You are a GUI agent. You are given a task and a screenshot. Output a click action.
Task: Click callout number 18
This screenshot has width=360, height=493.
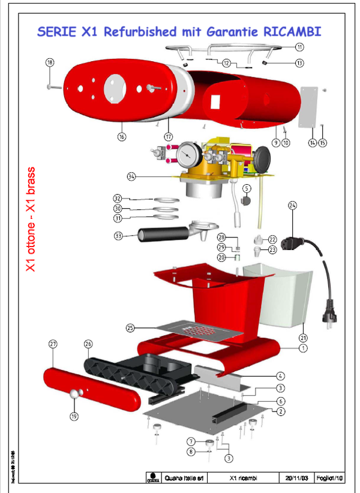tap(50, 62)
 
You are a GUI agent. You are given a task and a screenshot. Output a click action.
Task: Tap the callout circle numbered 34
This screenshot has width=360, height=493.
tap(132, 176)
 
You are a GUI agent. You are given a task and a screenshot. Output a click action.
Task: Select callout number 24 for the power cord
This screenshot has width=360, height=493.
tap(292, 206)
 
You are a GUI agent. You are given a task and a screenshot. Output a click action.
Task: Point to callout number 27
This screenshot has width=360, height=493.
tap(53, 344)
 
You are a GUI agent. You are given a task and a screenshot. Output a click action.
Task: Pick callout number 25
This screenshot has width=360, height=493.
tap(130, 327)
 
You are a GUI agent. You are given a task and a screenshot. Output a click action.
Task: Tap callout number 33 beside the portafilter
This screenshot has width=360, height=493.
tap(118, 236)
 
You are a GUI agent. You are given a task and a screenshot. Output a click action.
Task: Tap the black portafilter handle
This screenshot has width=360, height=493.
tap(155, 233)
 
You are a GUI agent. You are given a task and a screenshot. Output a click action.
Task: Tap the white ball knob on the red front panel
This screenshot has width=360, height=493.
tap(75, 394)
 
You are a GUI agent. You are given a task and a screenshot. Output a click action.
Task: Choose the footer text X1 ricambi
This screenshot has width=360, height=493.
tap(244, 479)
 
